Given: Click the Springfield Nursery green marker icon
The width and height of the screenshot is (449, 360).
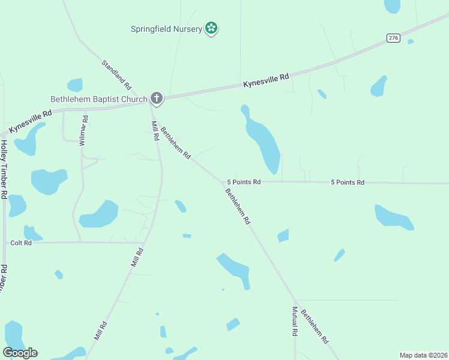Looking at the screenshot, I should (211, 28).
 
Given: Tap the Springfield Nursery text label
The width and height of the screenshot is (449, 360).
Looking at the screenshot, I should (167, 29).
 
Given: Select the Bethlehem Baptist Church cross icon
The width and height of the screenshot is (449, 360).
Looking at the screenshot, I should (156, 98).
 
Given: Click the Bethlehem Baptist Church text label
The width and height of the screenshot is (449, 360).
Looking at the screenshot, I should (98, 99).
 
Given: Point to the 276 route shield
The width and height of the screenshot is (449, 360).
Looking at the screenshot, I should (393, 38).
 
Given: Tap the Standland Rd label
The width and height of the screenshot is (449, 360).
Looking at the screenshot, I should (116, 75).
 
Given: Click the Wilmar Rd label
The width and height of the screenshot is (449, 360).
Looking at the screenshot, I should (84, 130).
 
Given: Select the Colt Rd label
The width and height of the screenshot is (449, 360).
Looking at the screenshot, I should (20, 243).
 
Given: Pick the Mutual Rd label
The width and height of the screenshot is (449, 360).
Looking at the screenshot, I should (295, 321).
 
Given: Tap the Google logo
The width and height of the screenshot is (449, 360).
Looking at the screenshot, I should (20, 353).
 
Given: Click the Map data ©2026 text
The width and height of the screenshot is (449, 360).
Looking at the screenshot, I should (423, 355).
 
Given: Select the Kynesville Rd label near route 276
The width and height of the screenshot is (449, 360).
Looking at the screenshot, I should (266, 80).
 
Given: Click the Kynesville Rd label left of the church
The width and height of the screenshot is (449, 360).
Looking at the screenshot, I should (30, 120).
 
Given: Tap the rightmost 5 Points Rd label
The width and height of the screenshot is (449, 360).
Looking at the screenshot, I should (347, 182).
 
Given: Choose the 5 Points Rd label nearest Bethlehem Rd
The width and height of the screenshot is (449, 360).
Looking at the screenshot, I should (244, 182).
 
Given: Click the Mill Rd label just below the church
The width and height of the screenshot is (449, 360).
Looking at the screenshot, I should (155, 131).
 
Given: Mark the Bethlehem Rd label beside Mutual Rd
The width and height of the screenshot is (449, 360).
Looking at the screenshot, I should (315, 326).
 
